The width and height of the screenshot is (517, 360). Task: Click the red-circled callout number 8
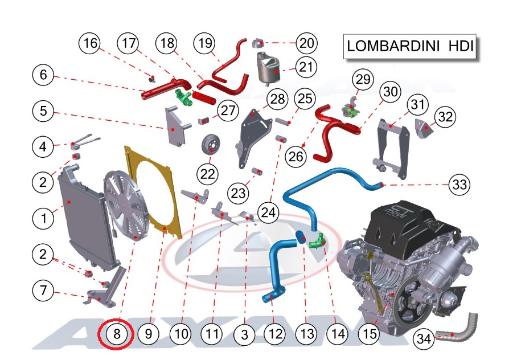(x=117, y=334)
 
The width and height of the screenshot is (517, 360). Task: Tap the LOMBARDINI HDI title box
(x=409, y=47)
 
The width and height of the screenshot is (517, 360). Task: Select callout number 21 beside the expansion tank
(x=307, y=67)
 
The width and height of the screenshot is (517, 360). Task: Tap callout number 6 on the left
(x=43, y=74)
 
